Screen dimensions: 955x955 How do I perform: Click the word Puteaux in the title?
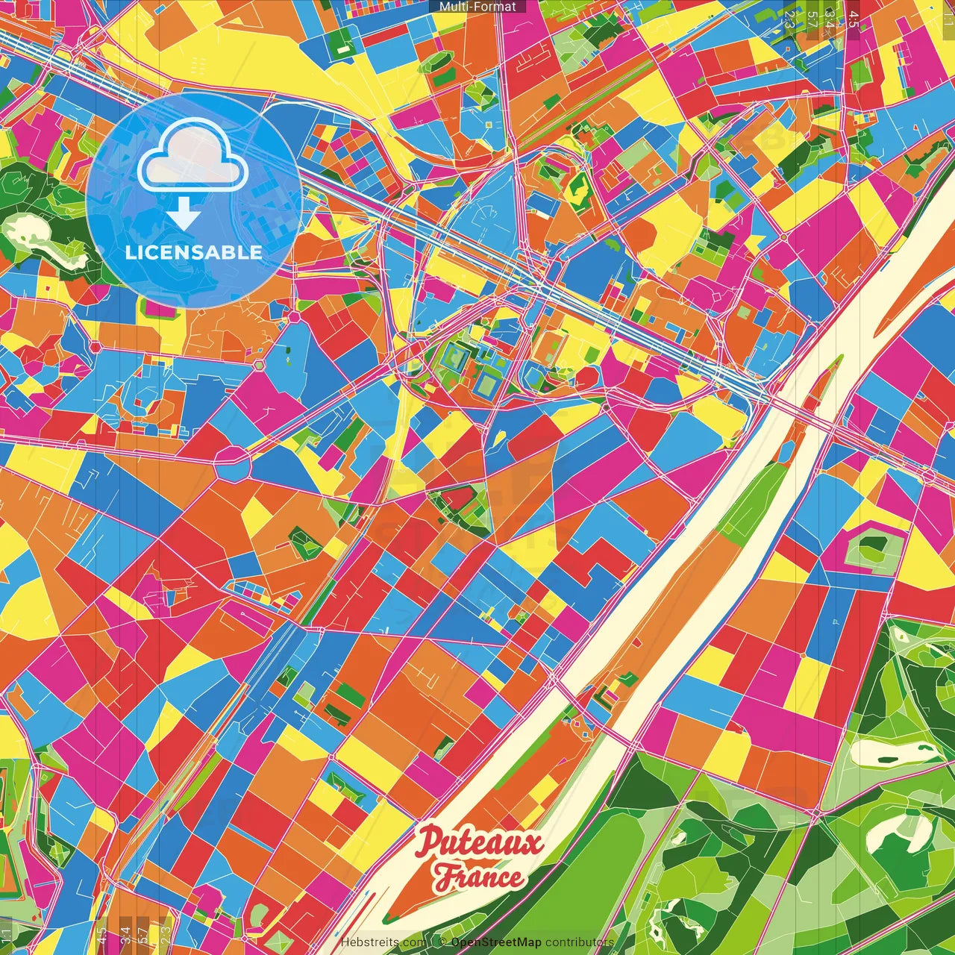coord(480,844)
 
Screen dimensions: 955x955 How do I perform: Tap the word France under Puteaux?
coord(480,877)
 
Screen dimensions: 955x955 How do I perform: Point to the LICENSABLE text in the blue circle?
coord(193,252)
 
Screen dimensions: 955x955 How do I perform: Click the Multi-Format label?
coord(477,7)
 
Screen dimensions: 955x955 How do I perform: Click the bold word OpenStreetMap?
coord(495,942)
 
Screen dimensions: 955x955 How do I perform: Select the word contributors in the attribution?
coord(579,942)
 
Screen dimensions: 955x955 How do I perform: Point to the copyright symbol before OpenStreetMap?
coord(442,942)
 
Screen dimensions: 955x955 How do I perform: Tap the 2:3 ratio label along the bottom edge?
coord(165,934)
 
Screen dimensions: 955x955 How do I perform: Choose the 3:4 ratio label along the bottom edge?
coord(125,934)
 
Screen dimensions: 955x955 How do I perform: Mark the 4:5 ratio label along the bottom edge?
coord(101,934)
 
